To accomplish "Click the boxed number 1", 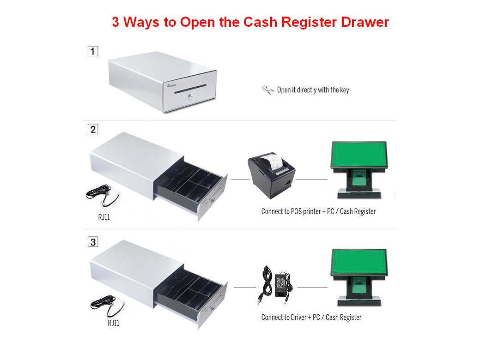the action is pos(93,51).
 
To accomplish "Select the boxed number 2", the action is pos(93,129).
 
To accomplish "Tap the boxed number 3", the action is pos(93,242).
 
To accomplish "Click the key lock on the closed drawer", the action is pos(191,96).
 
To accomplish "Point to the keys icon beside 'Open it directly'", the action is pos(268,90).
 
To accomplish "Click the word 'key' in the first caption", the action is pos(344,90).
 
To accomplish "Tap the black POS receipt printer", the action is pos(271,175).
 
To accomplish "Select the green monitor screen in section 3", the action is pos(359,262).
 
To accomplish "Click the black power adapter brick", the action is pos(282,285).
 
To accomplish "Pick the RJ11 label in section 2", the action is pos(104,217).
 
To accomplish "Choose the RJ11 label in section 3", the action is pos(114,323).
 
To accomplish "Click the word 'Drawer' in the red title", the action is pos(365,22).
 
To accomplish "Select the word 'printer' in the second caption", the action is pos(312,211).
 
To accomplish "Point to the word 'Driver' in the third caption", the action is pos(298,317).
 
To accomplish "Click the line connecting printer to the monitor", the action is pos(312,179).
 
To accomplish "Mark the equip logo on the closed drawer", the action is pos(171,86).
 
